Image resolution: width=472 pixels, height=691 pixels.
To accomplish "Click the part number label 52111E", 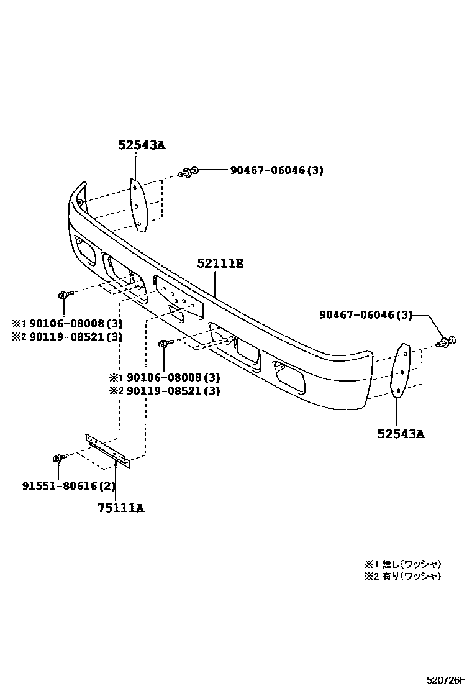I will pos(220,263).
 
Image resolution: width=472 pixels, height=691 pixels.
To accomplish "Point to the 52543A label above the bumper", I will pos(142,145).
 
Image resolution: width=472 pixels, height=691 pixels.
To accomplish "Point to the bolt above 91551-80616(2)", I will pos(58,459).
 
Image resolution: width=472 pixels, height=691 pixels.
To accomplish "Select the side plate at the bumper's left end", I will pos(138,206).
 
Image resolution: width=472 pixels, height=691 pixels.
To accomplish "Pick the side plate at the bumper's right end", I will pos(402,370).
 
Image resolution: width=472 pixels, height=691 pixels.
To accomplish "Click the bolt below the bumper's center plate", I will pos(164,343).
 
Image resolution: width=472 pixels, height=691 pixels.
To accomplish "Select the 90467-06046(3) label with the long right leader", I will pos(366,315).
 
